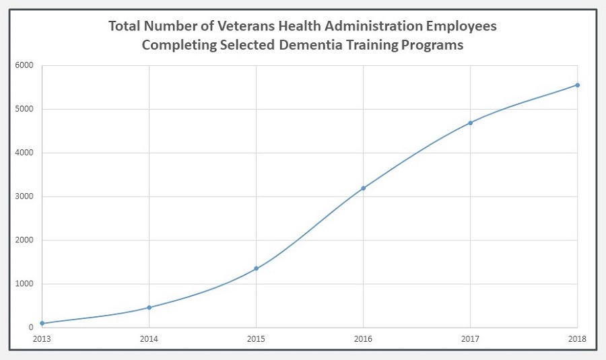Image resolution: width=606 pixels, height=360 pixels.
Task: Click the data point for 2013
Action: [x=42, y=324]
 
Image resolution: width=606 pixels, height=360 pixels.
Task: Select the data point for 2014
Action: [x=149, y=308]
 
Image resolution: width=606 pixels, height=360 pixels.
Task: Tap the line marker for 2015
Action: [x=256, y=268]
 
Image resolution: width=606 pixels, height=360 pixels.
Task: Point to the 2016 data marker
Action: [x=363, y=188]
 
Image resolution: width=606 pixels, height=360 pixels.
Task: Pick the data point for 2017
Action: [x=470, y=122]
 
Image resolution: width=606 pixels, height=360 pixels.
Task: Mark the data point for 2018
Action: [x=577, y=85]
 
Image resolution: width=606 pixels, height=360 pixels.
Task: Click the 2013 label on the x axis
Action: [x=42, y=339]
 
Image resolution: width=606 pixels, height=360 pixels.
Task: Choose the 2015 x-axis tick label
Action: [x=256, y=339]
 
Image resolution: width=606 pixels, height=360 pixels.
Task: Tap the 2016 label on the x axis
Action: [x=363, y=339]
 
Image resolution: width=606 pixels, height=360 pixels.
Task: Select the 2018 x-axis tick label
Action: [x=577, y=339]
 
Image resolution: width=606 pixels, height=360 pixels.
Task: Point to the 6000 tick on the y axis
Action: [x=25, y=65]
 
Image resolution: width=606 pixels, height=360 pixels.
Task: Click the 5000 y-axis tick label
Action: [x=25, y=109]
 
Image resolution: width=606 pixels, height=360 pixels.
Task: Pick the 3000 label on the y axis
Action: [x=25, y=196]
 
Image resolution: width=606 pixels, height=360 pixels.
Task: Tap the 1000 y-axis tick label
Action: [x=25, y=284]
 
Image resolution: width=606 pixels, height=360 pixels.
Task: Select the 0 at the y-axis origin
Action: [x=31, y=328]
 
